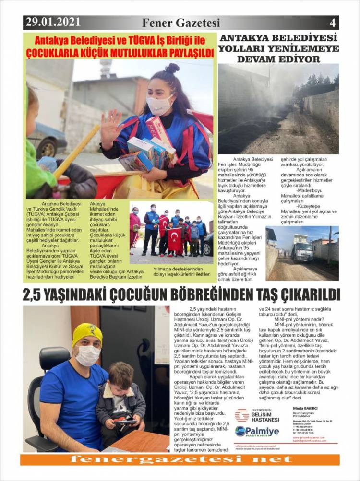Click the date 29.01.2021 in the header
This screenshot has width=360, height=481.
pos(53,22)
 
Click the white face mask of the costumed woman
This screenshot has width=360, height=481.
pos(159,104)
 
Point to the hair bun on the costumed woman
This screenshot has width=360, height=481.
pos(172,68)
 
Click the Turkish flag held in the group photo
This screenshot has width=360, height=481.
pos(175,237)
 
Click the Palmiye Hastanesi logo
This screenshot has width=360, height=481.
pos(257,431)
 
